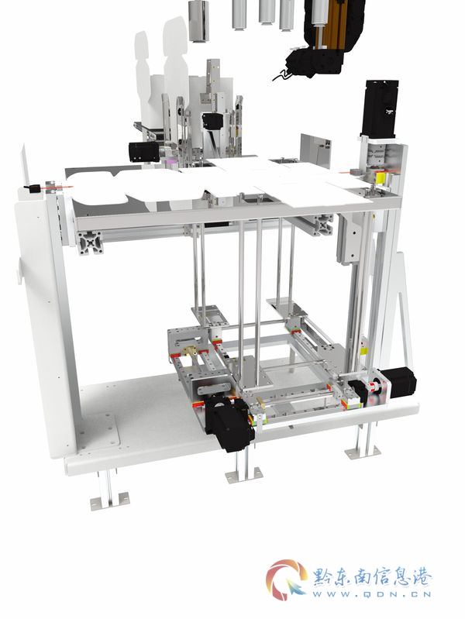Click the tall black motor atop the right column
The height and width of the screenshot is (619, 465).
point(380,108)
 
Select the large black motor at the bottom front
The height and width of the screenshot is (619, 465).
point(230,423)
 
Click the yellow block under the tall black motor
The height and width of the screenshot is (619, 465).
point(381,178)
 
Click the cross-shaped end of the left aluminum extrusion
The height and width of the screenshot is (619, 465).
point(91,243)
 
